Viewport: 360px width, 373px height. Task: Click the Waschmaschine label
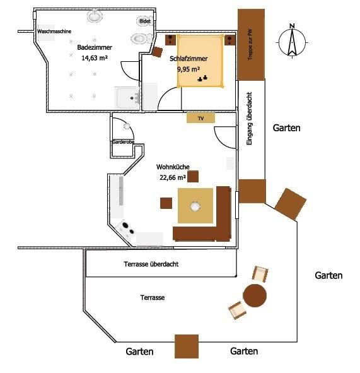pos(54,31)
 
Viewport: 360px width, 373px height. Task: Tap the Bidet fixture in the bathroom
pos(144,21)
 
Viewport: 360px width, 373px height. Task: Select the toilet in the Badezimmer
pos(142,38)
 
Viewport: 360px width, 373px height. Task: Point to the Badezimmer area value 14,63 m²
pos(95,58)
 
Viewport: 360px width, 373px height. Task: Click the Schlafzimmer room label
pos(189,59)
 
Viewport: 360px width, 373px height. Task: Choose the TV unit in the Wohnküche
pos(200,118)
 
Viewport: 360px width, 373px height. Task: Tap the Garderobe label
pos(124,142)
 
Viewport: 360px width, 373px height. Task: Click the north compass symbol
pos(293,41)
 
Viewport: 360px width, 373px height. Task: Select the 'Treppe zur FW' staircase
pos(251,45)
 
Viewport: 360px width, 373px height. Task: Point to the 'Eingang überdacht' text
pos(249,119)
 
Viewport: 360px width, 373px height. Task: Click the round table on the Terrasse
pos(255,295)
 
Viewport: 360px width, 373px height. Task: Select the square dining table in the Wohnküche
pos(195,206)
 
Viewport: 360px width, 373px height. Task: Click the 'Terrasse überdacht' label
pos(151,264)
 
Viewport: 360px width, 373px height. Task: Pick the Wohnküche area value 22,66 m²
pos(173,177)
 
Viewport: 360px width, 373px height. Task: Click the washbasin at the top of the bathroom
pos(95,16)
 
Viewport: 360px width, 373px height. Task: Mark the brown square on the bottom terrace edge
pos(187,346)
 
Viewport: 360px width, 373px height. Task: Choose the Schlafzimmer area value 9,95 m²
pos(189,69)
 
